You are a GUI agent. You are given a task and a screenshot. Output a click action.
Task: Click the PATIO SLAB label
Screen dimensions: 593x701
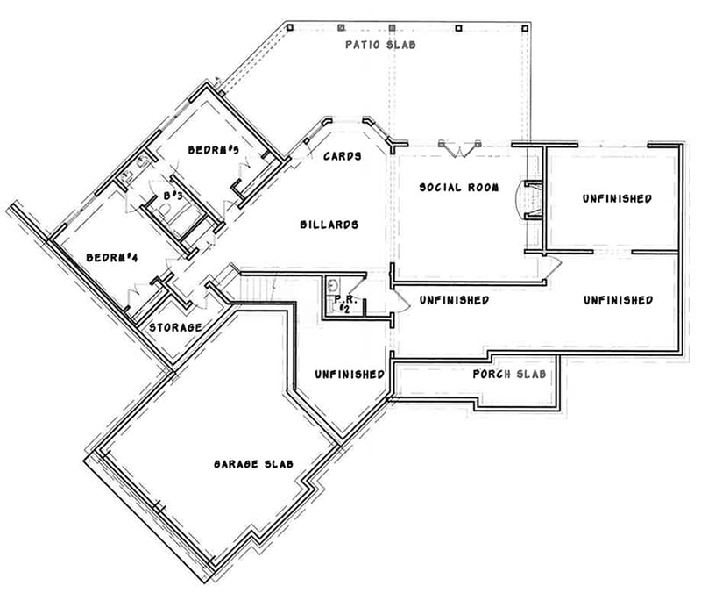379,44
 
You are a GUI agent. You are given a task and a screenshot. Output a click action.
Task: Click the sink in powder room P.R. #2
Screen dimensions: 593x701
332,285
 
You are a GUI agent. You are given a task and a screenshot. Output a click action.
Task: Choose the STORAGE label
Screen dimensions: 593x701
175,327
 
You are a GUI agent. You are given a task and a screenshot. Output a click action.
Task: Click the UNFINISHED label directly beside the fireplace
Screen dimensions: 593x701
617,199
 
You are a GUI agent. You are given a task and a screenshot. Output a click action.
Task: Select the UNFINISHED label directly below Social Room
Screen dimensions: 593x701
453,300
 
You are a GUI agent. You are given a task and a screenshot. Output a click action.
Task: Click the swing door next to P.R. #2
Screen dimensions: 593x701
400,300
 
